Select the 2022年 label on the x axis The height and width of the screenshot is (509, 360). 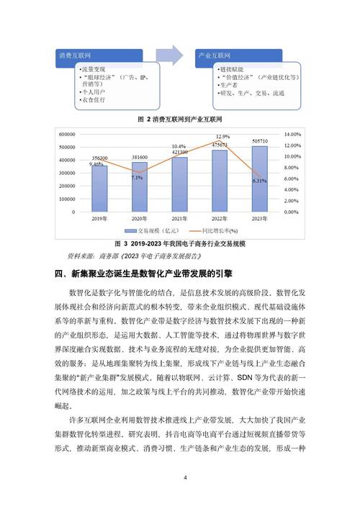pos(220,217)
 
